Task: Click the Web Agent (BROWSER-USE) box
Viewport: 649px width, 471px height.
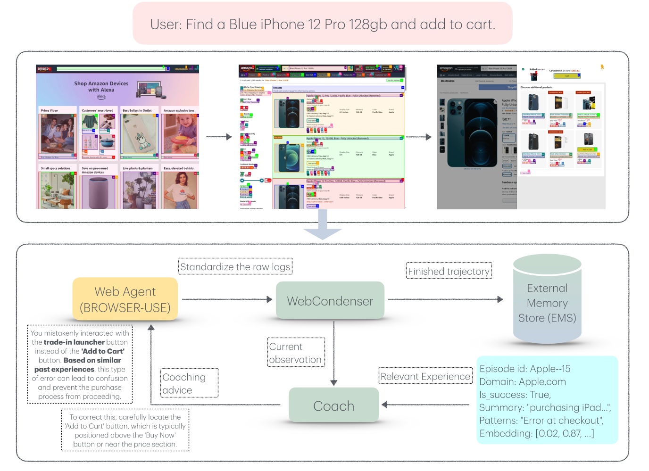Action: [125, 299]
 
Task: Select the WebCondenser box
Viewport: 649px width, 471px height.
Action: [330, 301]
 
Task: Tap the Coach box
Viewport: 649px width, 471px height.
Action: [333, 405]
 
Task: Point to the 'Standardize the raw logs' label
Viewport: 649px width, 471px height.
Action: [235, 267]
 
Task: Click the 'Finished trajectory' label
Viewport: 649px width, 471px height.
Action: [449, 271]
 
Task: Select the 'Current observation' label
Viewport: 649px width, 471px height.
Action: [295, 353]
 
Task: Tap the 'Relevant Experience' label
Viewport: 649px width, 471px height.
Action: [425, 376]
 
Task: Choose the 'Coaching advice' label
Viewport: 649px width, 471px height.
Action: [189, 383]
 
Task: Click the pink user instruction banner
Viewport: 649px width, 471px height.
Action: [323, 24]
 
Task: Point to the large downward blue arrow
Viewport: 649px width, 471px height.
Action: [323, 225]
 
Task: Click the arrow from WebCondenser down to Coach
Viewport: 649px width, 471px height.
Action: [334, 354]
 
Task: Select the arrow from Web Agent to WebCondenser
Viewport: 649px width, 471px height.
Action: [227, 299]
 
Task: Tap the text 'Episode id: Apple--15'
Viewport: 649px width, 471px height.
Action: [524, 369]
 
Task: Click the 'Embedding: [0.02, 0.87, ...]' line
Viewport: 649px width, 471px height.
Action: [536, 433]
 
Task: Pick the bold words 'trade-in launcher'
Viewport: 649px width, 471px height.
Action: [74, 342]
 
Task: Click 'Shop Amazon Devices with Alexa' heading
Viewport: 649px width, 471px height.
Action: [101, 87]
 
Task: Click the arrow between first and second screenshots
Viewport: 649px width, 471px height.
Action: [219, 137]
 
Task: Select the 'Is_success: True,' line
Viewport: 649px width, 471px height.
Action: [515, 395]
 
